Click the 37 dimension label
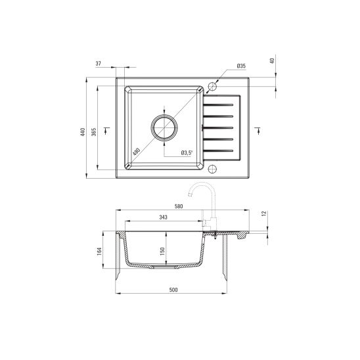tap(99, 63)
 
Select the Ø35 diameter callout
tap(240, 66)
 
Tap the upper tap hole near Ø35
tap(212, 86)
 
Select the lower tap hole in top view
tap(212, 168)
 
